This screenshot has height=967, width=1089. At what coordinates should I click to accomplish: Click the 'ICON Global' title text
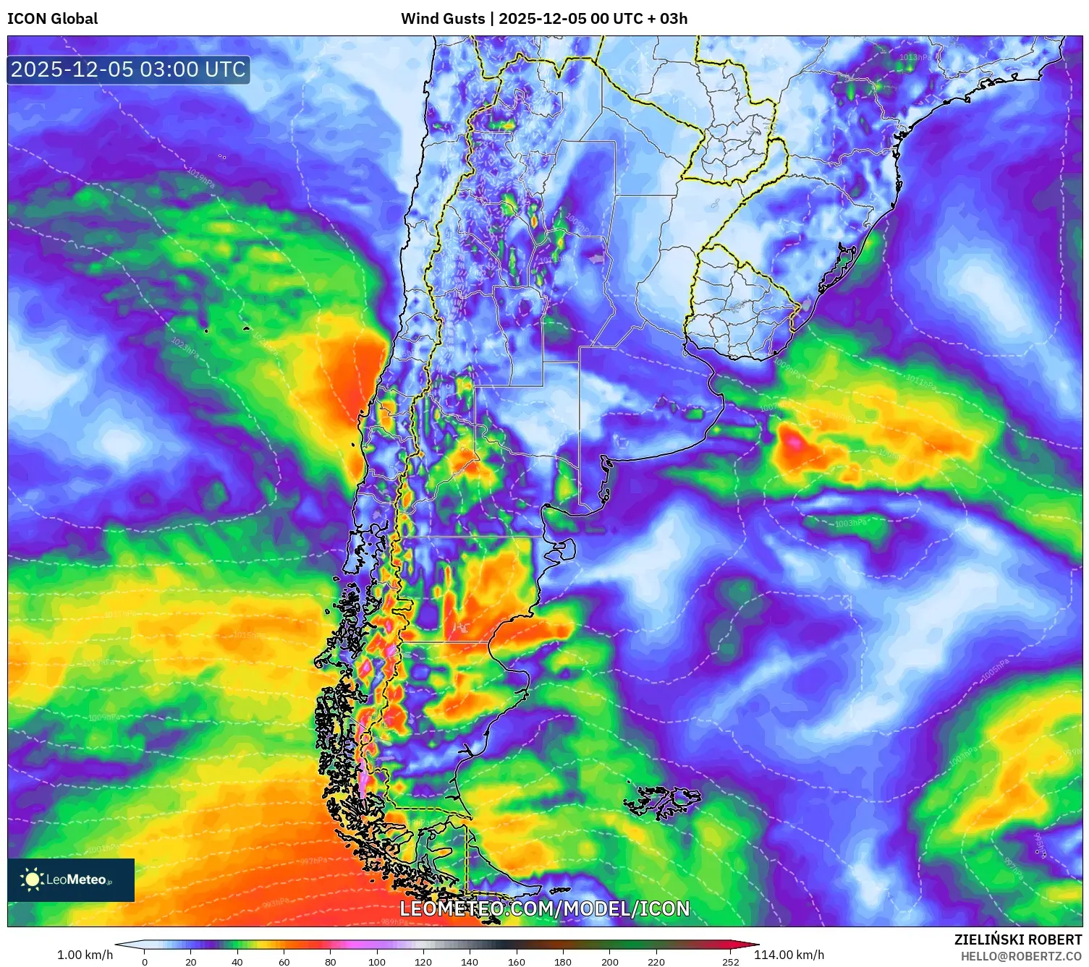(52, 19)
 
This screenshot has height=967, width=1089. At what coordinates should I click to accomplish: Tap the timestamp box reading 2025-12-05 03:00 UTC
(128, 69)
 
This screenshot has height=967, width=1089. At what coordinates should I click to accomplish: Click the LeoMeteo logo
(70, 879)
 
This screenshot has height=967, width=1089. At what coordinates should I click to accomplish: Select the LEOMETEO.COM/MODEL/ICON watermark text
(544, 908)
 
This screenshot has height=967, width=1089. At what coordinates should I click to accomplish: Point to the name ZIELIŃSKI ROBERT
(1017, 940)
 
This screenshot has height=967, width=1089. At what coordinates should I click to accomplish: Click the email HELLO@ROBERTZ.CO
(1021, 956)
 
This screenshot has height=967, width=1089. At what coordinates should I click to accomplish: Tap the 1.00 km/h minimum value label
(85, 955)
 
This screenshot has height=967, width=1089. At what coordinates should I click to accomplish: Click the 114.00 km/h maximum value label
(789, 955)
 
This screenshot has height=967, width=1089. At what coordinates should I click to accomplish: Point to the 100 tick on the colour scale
(377, 962)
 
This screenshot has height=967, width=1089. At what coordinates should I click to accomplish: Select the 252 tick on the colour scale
(731, 962)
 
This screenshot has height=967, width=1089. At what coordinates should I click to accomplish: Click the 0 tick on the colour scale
(145, 962)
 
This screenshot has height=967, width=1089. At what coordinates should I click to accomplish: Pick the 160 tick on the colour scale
(517, 962)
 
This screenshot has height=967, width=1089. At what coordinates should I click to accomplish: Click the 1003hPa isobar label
(849, 523)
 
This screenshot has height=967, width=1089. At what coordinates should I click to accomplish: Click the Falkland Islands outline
(664, 801)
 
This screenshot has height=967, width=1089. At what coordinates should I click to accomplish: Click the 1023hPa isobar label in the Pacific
(185, 346)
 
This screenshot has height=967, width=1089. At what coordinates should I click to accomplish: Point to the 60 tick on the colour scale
(284, 962)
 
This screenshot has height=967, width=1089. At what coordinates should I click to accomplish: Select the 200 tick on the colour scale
(610, 962)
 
